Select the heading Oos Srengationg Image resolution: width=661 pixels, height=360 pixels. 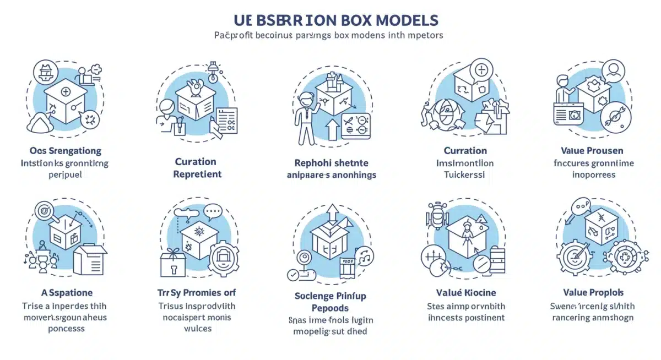(x=64, y=150)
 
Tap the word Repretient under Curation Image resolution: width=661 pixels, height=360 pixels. (x=197, y=174)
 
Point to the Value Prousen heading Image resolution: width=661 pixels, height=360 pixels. (x=593, y=150)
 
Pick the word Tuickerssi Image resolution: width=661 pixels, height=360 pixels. (x=465, y=174)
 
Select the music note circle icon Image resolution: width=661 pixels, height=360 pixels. (x=365, y=254)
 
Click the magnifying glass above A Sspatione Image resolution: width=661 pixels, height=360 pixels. (x=42, y=210)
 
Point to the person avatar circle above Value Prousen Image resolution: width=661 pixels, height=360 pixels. (x=613, y=70)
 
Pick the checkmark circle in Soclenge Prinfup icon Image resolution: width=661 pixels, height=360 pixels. (x=294, y=274)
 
